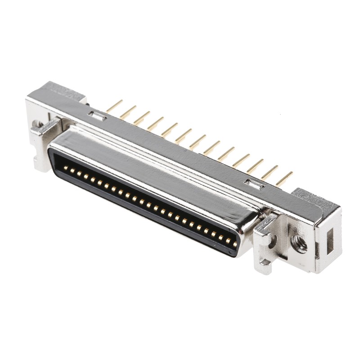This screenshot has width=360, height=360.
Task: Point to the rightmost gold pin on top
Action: point(284,179)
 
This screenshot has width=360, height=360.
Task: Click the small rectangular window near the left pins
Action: point(97,117)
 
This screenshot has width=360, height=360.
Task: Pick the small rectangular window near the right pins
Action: point(252,183)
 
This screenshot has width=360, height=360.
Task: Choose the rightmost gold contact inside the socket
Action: point(234,244)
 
